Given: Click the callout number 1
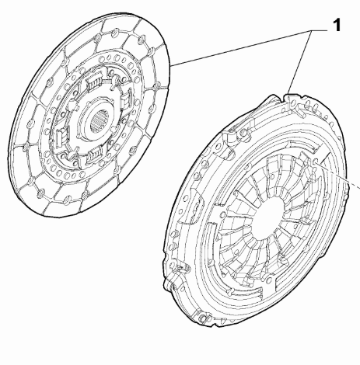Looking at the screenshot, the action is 337,25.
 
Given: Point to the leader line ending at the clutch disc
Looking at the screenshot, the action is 241,48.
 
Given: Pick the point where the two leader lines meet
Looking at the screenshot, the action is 312,31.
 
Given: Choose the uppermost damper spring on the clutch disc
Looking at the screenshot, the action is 94,81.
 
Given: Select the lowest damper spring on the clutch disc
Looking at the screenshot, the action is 95,155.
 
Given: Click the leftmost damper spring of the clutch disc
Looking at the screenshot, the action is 61,136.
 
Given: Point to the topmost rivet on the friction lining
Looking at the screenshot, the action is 114,33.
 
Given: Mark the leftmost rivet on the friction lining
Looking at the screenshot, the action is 30,123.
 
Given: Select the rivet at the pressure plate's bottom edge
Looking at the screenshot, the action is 204,318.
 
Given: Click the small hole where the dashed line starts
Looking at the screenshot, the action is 316,162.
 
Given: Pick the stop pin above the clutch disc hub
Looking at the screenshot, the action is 114,79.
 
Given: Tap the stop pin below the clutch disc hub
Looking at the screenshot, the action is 72,155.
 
